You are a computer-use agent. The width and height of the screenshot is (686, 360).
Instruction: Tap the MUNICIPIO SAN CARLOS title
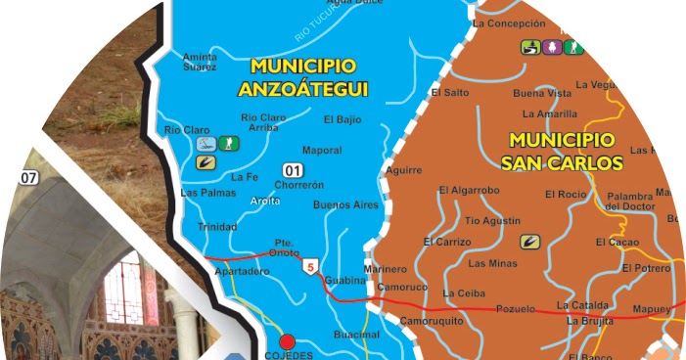(x=562, y=151)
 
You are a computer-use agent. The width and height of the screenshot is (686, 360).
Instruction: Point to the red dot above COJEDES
(x=287, y=341)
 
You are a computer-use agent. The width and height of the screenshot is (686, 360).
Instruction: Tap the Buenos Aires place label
(x=345, y=205)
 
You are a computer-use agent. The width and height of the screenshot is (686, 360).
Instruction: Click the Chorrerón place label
(x=298, y=184)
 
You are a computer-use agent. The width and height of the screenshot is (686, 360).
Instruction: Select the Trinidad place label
(x=217, y=226)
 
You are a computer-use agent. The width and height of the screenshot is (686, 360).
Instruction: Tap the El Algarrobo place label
(x=469, y=190)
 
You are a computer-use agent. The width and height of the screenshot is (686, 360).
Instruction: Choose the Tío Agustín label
(x=492, y=220)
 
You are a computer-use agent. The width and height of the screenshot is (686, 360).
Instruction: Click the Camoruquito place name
(x=431, y=320)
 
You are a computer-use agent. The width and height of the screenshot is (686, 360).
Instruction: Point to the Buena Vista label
(x=541, y=93)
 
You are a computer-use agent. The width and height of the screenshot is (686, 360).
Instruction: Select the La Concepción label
(x=508, y=22)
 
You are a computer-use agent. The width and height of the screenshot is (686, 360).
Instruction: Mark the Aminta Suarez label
(x=200, y=63)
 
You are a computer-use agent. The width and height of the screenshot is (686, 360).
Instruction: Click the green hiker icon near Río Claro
(x=227, y=144)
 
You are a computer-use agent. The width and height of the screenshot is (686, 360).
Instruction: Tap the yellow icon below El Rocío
(x=531, y=240)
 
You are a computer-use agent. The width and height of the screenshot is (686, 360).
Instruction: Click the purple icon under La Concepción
(x=552, y=46)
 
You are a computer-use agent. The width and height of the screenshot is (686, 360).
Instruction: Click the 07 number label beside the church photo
(x=27, y=178)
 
